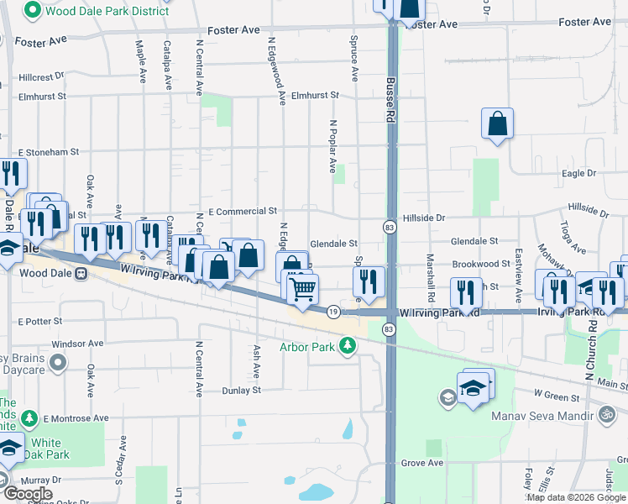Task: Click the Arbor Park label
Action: pyautogui.click(x=307, y=346)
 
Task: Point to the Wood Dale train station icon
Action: pyautogui.click(x=81, y=273)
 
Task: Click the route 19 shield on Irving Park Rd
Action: pyautogui.click(x=333, y=311)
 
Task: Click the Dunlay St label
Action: pyautogui.click(x=242, y=391)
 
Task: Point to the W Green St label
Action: pyautogui.click(x=557, y=396)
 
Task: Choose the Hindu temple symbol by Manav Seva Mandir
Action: pyautogui.click(x=607, y=413)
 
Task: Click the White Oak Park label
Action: pyautogui.click(x=46, y=450)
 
